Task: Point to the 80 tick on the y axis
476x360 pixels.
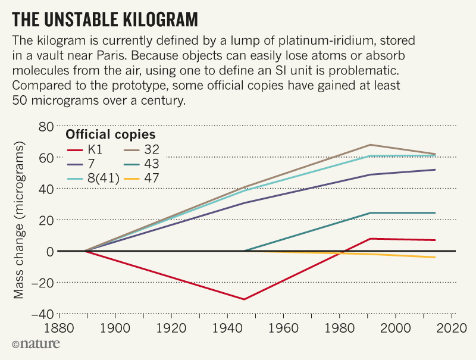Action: click(x=46, y=126)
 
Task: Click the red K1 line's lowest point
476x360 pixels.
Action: click(x=244, y=299)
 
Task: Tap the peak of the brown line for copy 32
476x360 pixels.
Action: click(x=370, y=145)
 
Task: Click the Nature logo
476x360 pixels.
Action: click(x=32, y=344)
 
